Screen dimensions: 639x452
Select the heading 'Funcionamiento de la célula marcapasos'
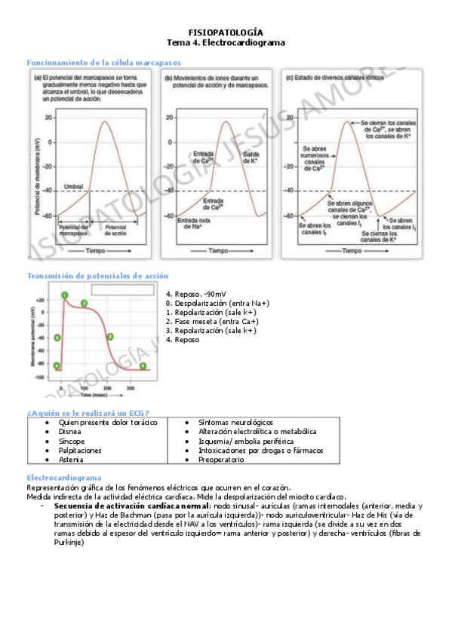tap(104, 63)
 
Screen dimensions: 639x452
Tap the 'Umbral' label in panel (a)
tap(73, 186)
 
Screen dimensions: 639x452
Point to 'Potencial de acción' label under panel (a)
tap(115, 230)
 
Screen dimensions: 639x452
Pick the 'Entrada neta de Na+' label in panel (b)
tap(193, 224)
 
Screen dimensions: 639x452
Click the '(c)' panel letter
tap(287, 77)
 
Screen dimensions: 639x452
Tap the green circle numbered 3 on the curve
tap(110, 337)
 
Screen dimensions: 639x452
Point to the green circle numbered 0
tap(57, 338)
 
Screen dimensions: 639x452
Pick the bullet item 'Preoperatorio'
tap(221, 459)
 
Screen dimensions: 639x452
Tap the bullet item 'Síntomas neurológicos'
tap(235, 423)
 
